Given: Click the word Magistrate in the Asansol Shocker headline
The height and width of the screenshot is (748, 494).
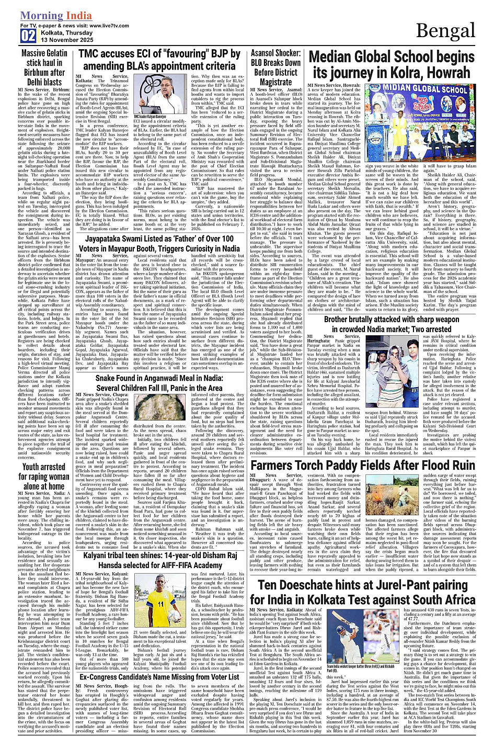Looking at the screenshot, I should [x=275, y=82].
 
